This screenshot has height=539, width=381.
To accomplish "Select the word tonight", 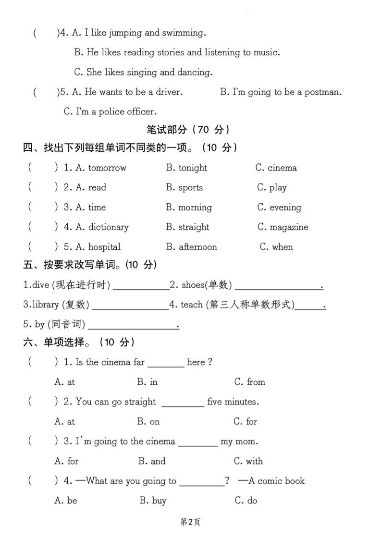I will pyautogui.click(x=193, y=168).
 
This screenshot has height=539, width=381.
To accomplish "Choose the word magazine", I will pyautogui.click(x=289, y=227).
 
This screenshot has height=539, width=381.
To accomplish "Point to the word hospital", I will pyautogui.click(x=104, y=247).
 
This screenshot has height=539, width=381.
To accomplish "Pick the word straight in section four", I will pyautogui.click(x=194, y=227).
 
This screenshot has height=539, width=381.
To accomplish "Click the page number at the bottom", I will pyautogui.click(x=190, y=522).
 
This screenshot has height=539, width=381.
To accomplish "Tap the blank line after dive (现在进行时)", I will pyautogui.click(x=140, y=288).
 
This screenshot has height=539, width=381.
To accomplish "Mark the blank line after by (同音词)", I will pyautogui.click(x=133, y=328).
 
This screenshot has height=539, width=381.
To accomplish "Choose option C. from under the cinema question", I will pyautogui.click(x=250, y=382).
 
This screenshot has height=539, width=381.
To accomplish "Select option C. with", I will pyautogui.click(x=248, y=461).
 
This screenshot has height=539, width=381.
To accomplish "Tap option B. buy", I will pyautogui.click(x=153, y=501).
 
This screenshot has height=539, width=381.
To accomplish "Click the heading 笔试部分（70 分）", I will pyautogui.click(x=188, y=129).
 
